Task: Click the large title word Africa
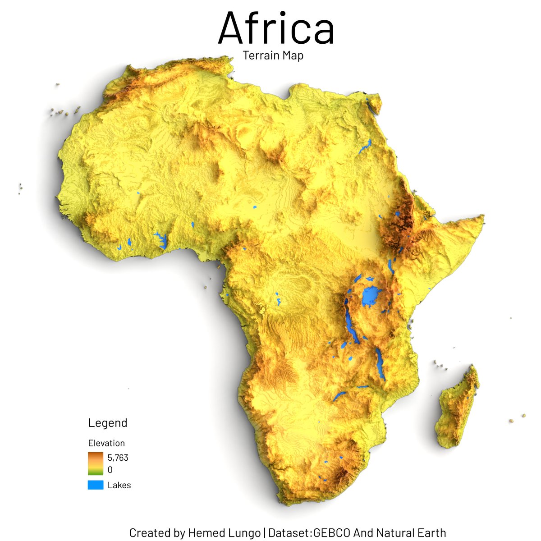click(x=276, y=28)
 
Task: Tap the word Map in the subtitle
click(x=292, y=56)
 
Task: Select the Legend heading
click(x=108, y=423)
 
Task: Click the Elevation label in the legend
click(x=106, y=443)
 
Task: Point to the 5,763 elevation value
click(x=118, y=458)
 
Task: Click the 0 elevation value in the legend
click(x=110, y=470)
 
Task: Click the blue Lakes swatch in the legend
click(x=96, y=485)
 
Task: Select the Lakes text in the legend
click(x=119, y=486)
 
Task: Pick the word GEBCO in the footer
click(x=332, y=533)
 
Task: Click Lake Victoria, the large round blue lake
click(x=371, y=296)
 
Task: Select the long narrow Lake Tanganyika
click(x=350, y=322)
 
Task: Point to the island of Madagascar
click(x=456, y=408)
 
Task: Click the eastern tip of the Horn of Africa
click(x=482, y=219)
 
